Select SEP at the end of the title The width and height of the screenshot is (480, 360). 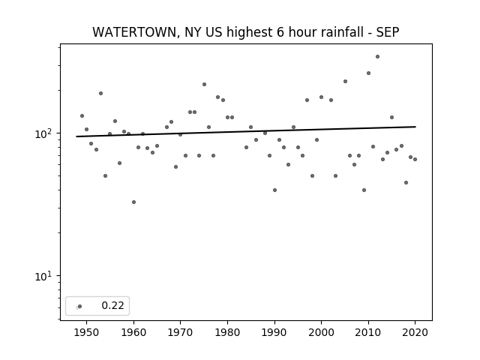tap(388, 32)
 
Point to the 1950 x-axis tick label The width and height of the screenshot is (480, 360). tap(87, 332)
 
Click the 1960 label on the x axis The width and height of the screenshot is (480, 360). tap(133, 332)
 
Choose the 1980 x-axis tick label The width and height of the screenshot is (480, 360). tap(227, 332)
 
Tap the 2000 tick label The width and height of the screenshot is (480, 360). tap(322, 332)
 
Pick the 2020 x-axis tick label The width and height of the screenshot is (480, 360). tap(415, 332)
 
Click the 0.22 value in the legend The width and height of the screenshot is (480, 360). tap(112, 305)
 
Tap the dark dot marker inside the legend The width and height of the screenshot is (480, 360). tap(80, 306)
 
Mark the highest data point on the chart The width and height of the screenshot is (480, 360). tap(377, 57)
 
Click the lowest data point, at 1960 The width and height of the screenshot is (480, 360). tap(133, 202)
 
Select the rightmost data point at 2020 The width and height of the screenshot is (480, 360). tap(415, 159)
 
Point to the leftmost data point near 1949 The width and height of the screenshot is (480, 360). tap(82, 115)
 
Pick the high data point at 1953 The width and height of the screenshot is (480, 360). tap(100, 93)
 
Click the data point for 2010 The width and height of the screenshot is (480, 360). tap(368, 73)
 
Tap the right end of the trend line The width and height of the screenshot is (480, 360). tap(415, 127)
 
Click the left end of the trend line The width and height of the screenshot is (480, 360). tap(76, 136)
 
